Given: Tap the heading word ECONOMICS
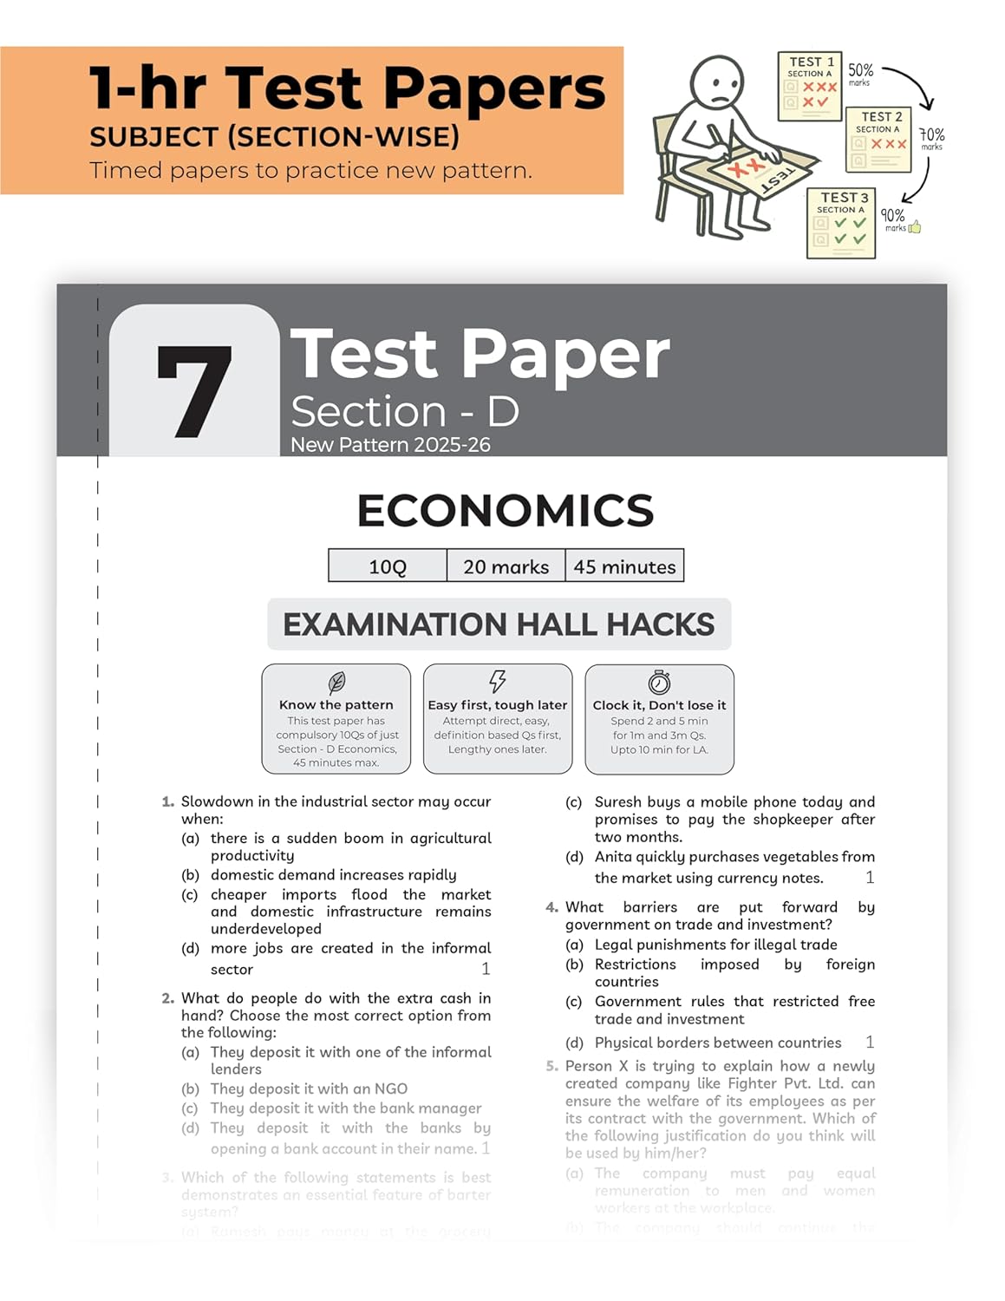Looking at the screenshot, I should [506, 511].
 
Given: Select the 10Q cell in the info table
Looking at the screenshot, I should [388, 566].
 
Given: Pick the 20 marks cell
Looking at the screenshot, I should [506, 566].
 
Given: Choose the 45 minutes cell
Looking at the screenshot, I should [624, 566].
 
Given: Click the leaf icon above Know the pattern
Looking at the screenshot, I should [336, 682].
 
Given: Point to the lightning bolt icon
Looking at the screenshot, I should [498, 681].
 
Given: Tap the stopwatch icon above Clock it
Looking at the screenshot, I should [659, 682].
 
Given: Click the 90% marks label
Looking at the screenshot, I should [894, 219].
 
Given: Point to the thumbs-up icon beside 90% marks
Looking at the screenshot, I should [915, 227].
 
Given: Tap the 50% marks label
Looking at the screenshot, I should [860, 74].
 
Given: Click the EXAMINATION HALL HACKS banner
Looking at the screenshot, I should [499, 624].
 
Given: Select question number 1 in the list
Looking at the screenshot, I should [168, 802].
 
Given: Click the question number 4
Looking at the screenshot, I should [552, 907].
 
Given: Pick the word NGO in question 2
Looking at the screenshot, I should [391, 1089].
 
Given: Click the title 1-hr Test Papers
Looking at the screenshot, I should [347, 88].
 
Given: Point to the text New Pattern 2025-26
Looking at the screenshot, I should [390, 445].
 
